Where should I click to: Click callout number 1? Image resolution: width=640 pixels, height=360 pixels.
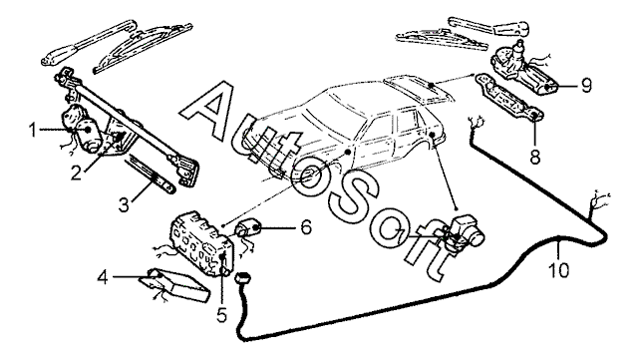tap(33, 131)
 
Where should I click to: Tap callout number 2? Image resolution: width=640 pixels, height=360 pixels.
tap(77, 174)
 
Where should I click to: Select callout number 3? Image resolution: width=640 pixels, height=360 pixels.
tap(124, 204)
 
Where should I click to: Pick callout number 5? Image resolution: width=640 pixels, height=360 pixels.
tap(221, 315)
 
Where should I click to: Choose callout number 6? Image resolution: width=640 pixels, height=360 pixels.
tap(306, 227)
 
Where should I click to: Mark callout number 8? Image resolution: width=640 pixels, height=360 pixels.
tap(535, 157)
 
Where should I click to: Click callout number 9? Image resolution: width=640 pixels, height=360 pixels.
tap(586, 86)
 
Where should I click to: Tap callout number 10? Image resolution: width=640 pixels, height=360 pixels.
tap(559, 270)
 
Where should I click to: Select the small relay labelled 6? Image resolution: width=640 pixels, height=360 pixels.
tap(248, 227)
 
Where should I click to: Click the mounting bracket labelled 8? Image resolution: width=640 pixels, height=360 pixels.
tap(509, 97)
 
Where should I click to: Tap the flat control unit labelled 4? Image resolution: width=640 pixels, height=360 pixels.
tap(174, 284)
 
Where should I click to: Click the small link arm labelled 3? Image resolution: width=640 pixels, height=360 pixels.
tap(151, 174)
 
